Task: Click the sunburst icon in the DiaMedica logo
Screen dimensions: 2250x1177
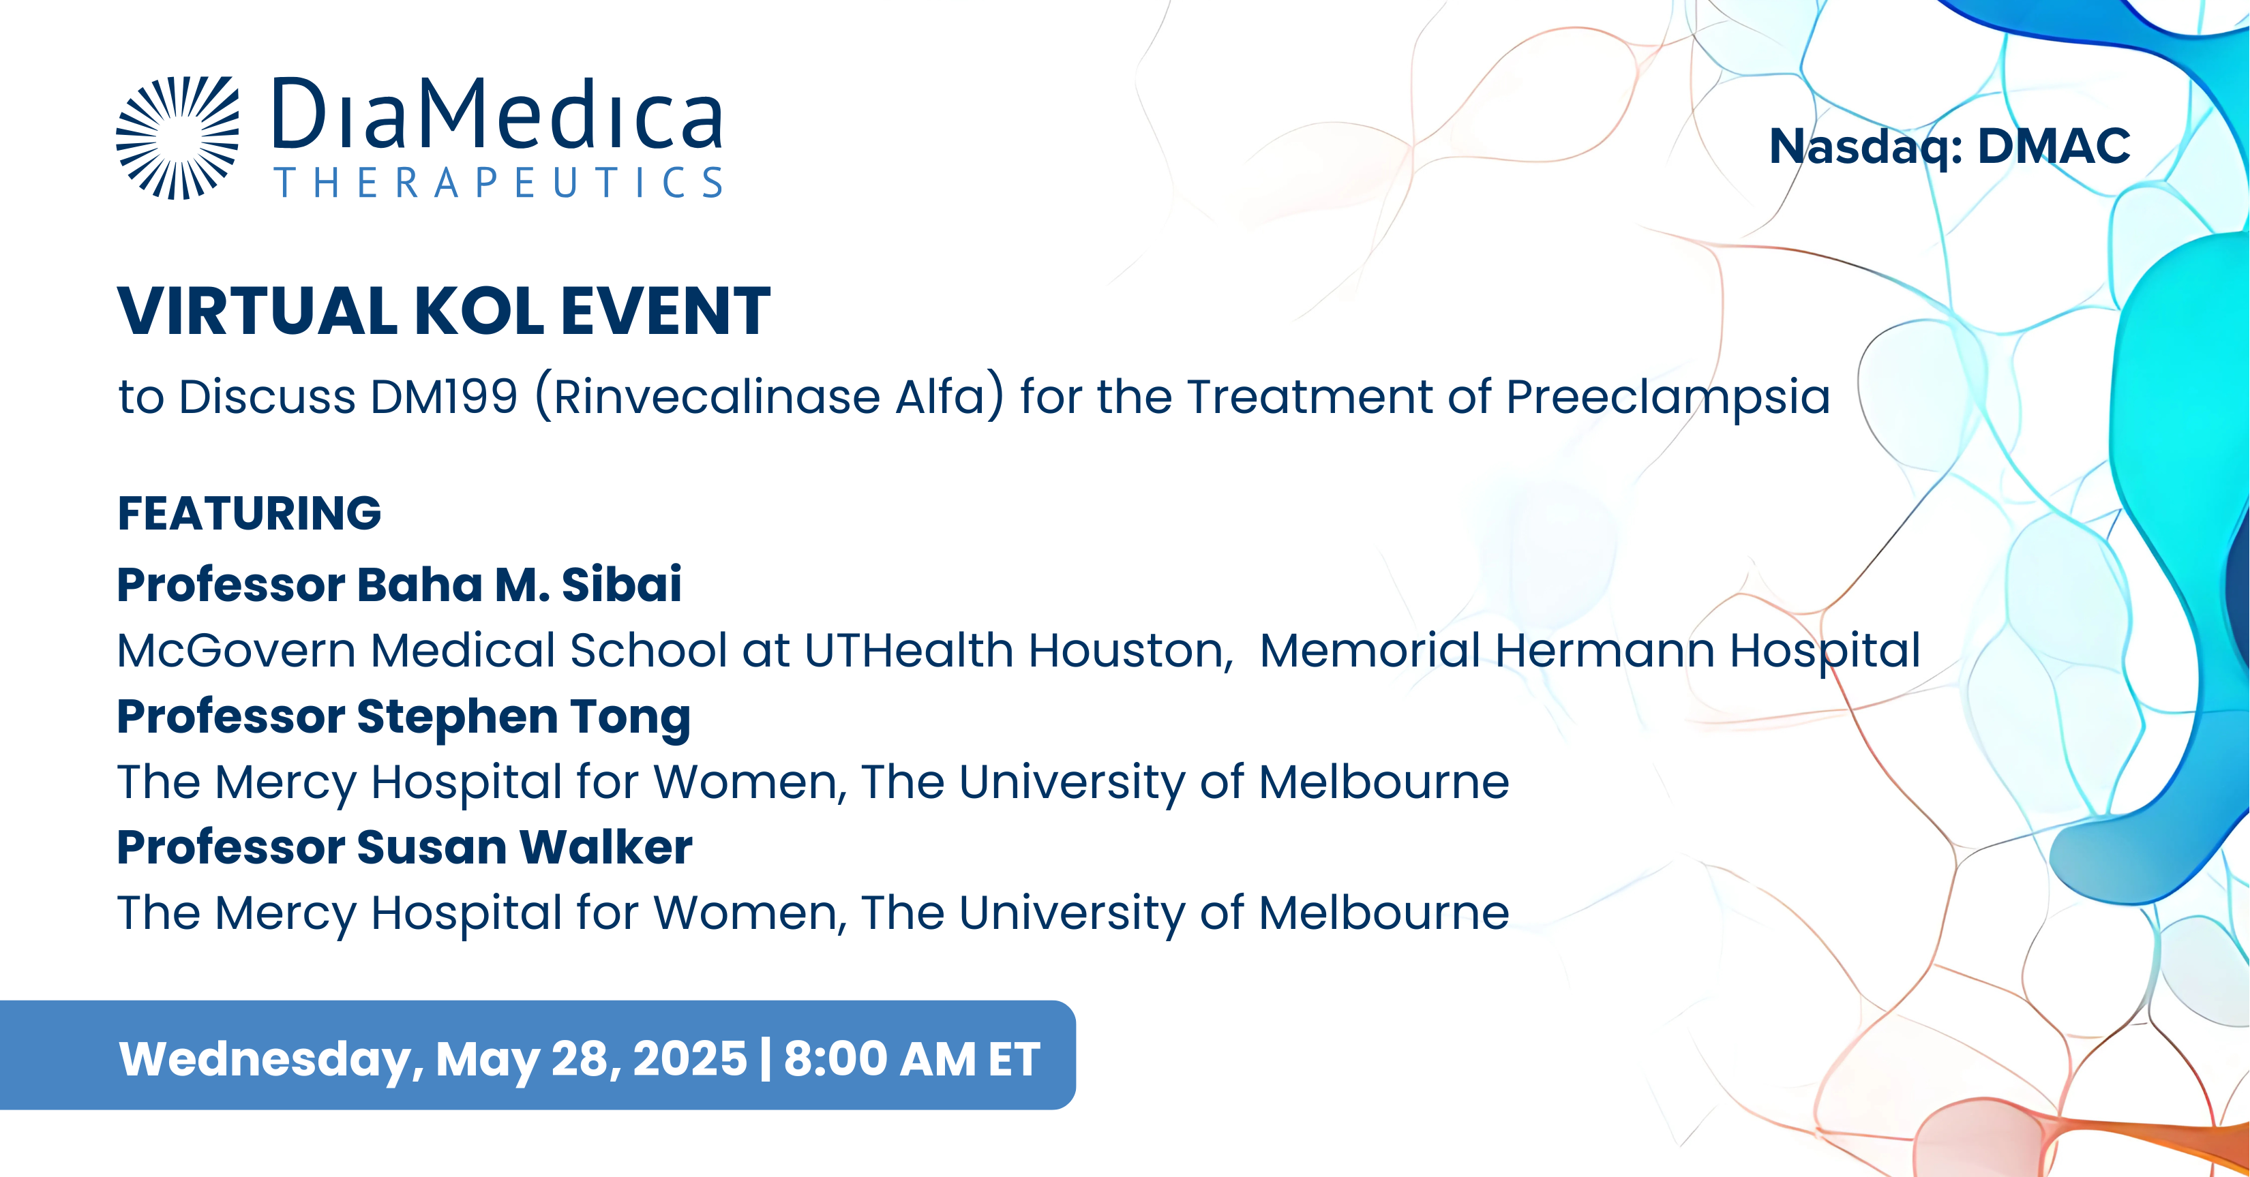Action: [177, 138]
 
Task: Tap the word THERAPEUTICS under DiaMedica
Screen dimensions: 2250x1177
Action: [498, 183]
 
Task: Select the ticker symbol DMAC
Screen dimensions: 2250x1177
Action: [2054, 146]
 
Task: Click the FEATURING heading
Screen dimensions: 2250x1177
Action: [250, 513]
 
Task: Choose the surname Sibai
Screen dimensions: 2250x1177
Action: [621, 584]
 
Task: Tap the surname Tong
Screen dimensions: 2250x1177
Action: [631, 718]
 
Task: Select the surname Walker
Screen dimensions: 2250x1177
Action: [606, 847]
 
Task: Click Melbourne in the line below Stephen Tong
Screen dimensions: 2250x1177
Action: [1383, 782]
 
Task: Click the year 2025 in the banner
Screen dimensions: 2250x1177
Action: [690, 1058]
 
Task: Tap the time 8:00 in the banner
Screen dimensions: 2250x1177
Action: [835, 1058]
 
